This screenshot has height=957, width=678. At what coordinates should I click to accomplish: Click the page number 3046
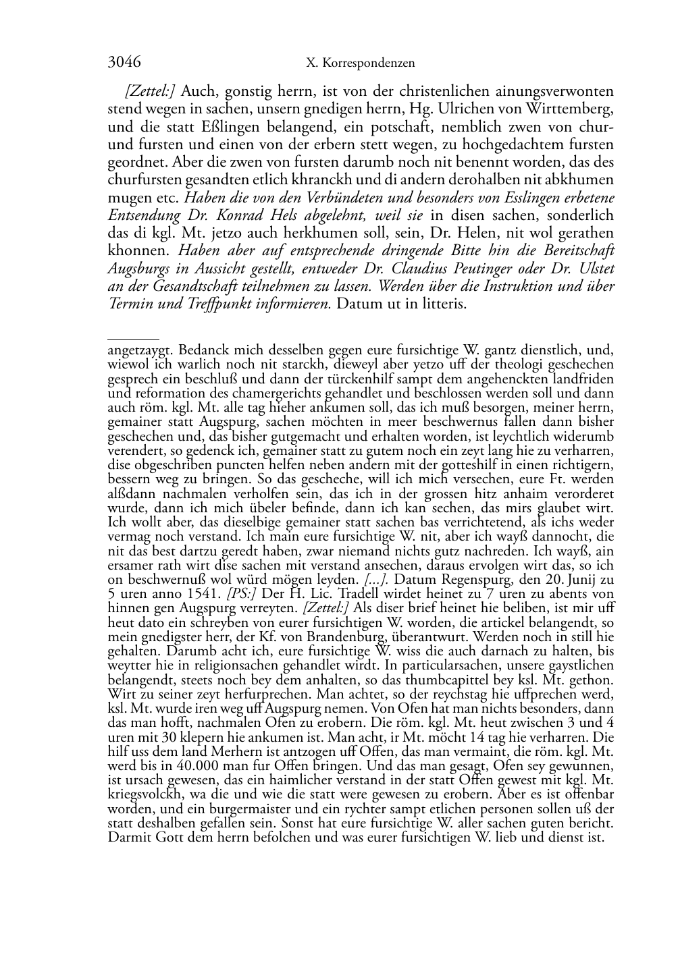click(124, 63)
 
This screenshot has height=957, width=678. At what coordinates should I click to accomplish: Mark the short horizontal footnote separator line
click(133, 339)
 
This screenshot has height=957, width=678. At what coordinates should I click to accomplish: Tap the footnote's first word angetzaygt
click(141, 350)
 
